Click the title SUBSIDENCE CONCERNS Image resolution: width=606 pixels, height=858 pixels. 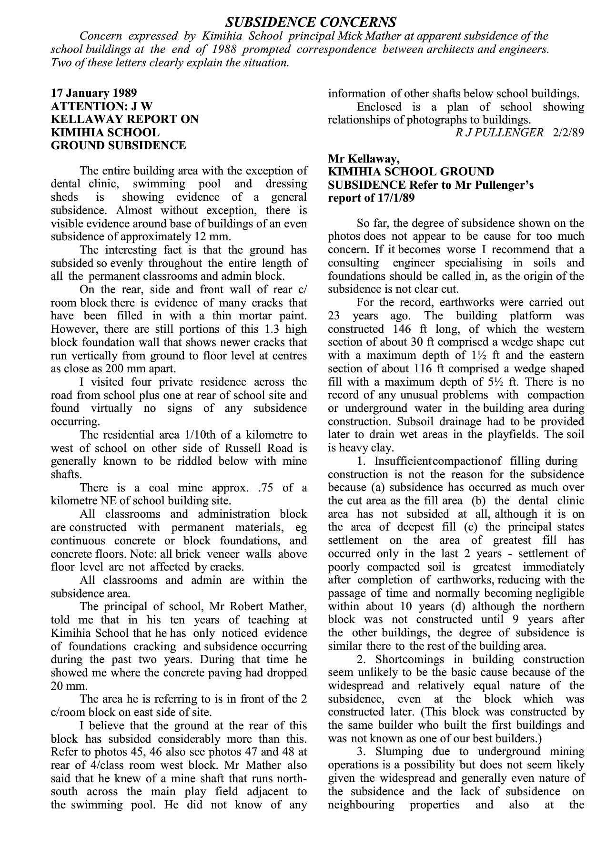click(x=310, y=22)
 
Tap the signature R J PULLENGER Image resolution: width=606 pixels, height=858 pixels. click(x=499, y=133)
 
